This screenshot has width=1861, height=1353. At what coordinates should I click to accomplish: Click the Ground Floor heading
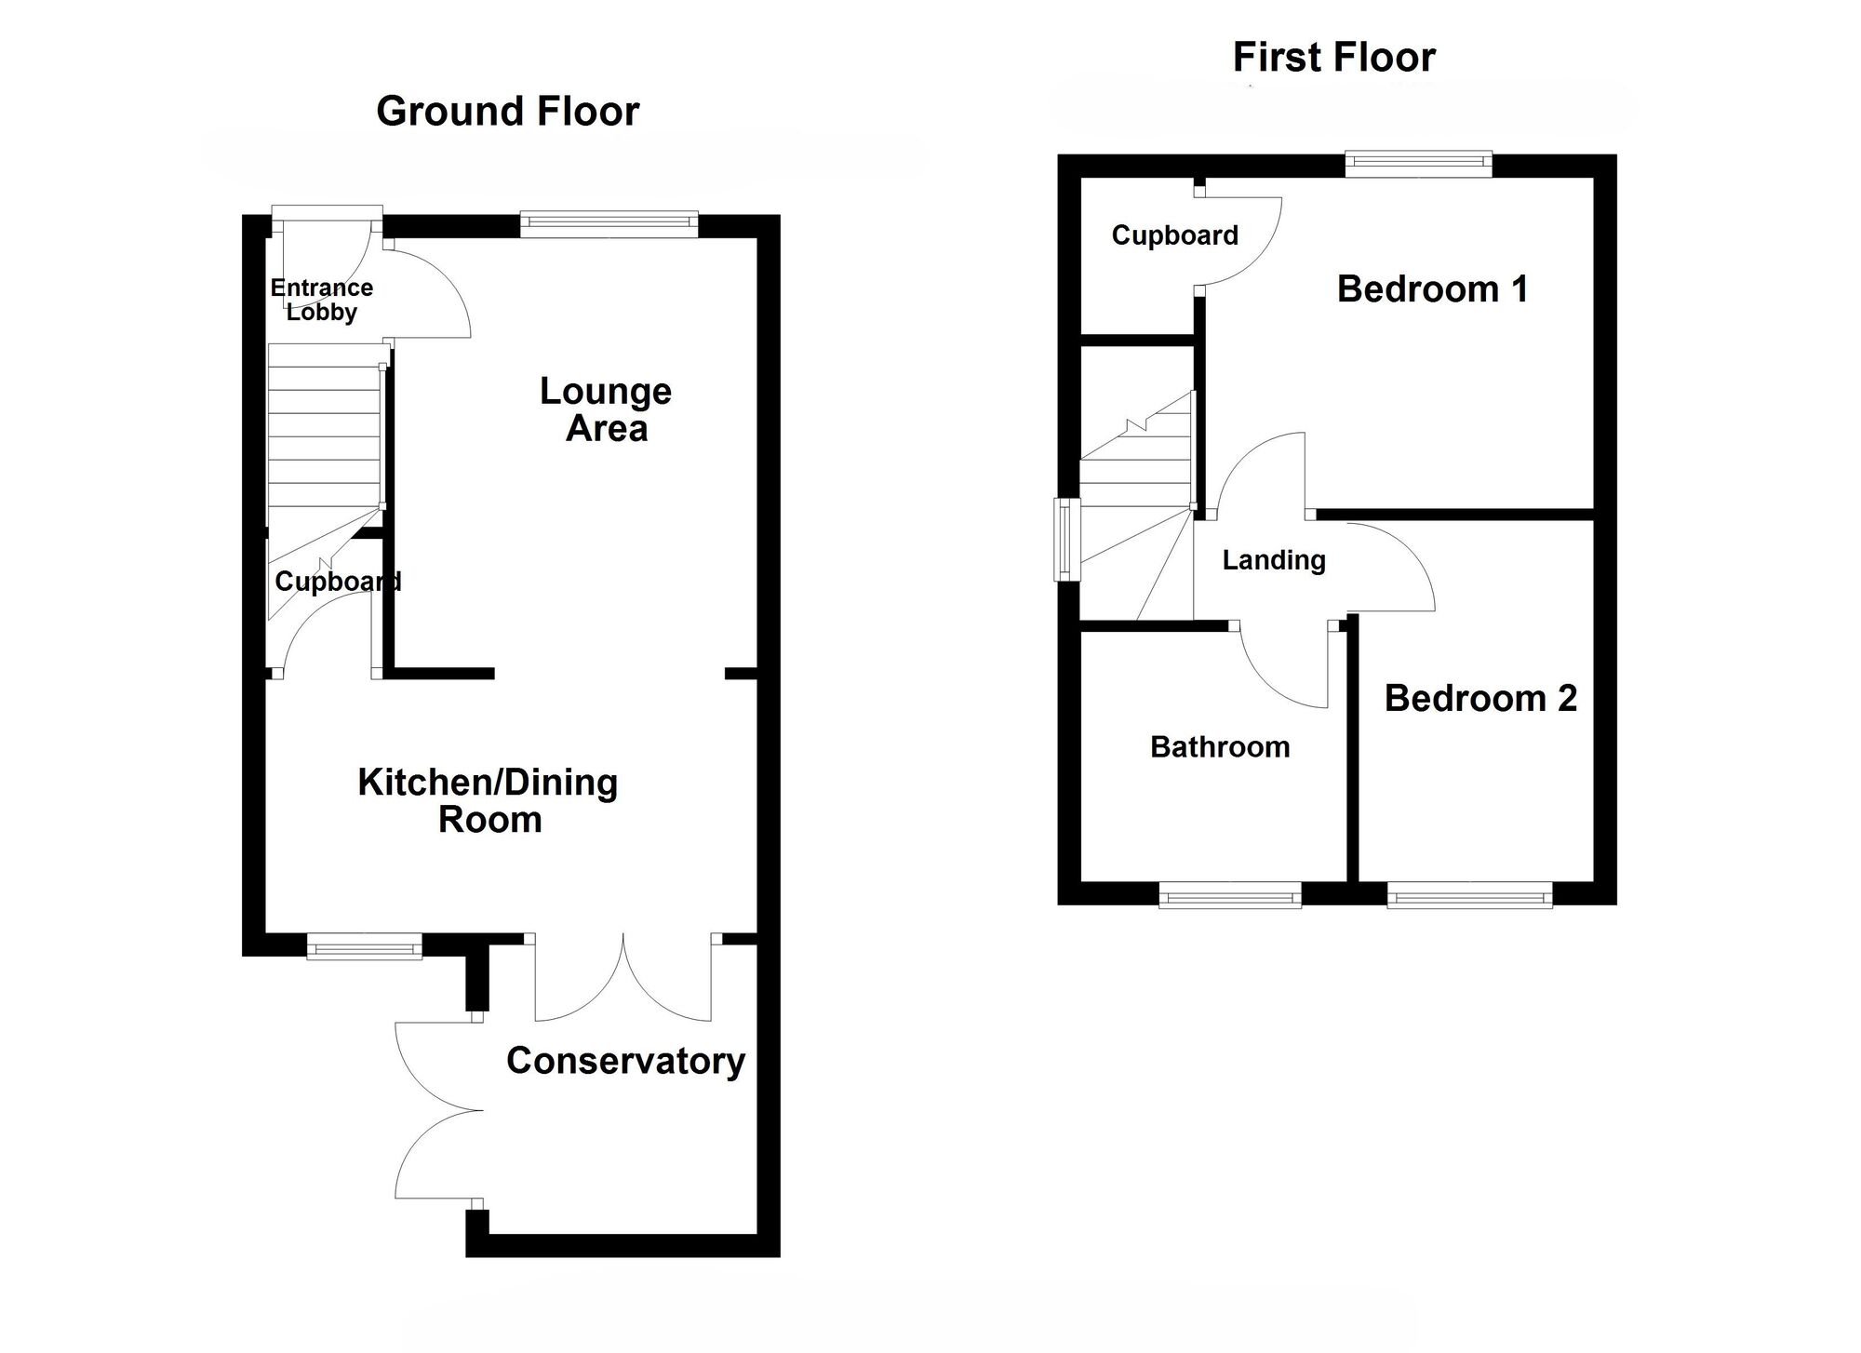pos(507,112)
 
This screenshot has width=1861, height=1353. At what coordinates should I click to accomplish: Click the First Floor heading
pos(1333,58)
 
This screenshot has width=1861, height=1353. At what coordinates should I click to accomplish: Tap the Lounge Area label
pos(606,409)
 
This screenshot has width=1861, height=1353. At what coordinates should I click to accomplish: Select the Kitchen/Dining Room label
pos(489,800)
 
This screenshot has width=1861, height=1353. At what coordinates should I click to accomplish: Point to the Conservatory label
pos(625,1061)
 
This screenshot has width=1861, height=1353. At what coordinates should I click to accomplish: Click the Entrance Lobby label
pos(322,300)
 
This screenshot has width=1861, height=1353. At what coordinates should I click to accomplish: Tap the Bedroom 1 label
pos(1432,289)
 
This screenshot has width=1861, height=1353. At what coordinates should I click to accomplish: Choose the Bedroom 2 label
pos(1480,699)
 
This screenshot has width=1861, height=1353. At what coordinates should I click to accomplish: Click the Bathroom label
pos(1220,747)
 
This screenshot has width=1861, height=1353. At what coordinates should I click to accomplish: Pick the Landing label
pos(1273,560)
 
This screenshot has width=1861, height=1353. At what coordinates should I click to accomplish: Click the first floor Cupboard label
pos(1174,235)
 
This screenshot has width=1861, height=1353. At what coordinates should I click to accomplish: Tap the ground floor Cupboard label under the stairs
pos(338,583)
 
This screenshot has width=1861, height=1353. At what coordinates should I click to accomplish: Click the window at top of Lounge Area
pos(609,221)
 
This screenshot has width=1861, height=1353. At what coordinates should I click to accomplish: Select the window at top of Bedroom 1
pos(1418,165)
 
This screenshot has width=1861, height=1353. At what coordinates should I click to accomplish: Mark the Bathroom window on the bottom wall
pos(1229,898)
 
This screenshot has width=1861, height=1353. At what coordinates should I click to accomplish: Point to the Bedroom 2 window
pos(1469,898)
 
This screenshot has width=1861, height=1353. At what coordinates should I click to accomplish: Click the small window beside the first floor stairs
pos(1065,540)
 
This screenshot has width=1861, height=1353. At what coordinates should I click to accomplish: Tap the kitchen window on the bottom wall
pos(364,949)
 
